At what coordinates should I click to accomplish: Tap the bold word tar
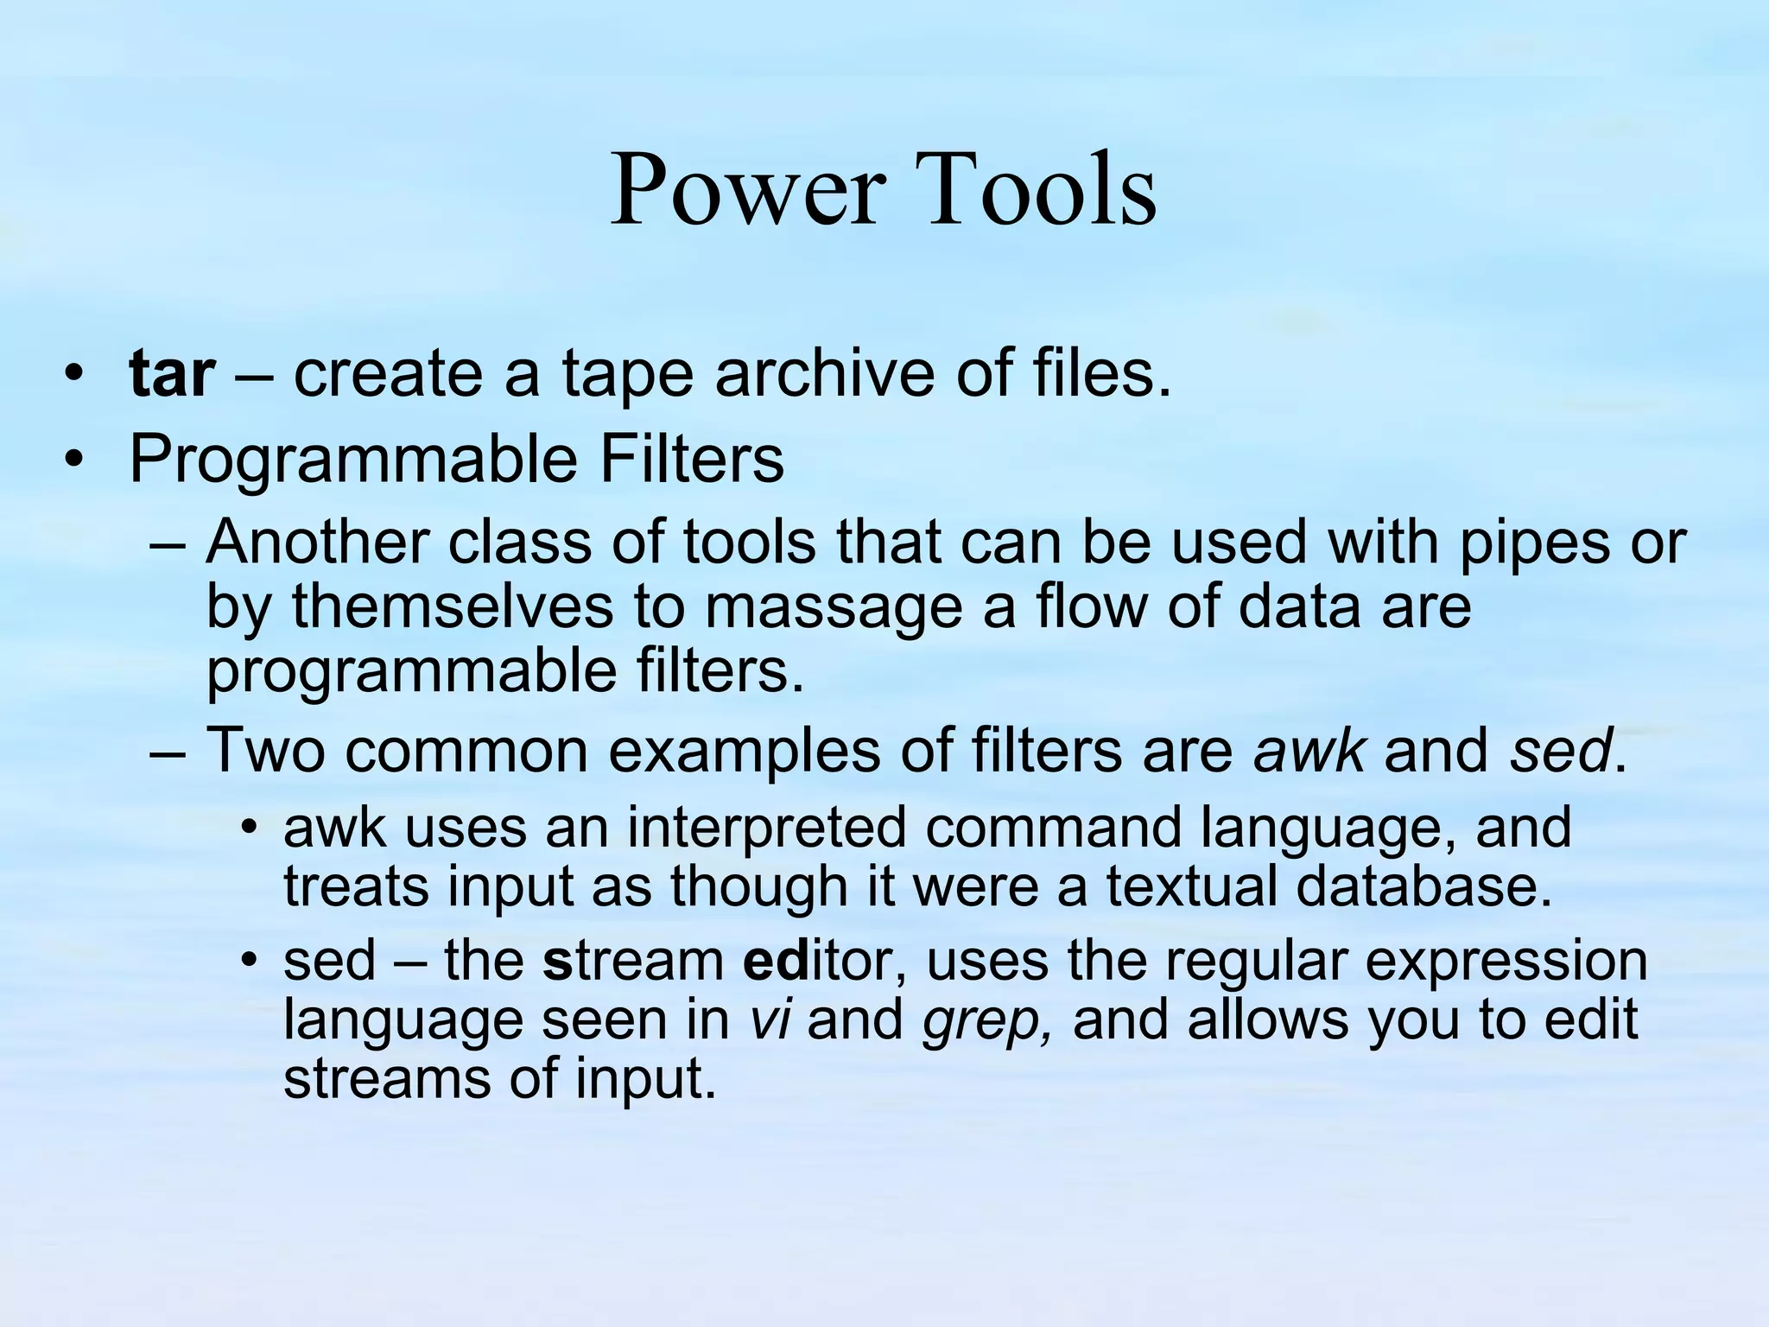point(172,374)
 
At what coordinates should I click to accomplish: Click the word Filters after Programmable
point(691,459)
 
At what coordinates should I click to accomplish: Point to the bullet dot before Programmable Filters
point(74,459)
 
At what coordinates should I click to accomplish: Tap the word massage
point(834,606)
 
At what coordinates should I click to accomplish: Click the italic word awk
point(1309,750)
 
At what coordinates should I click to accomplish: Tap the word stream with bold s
point(634,961)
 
